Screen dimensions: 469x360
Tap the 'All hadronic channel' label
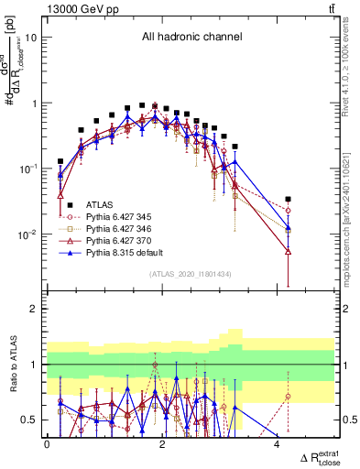pos(190,37)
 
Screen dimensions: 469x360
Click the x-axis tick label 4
pos(278,444)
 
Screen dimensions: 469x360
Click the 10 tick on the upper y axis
pos(31,38)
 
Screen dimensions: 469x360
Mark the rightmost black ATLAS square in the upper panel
pos(289,199)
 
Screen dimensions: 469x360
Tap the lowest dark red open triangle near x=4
pos(289,251)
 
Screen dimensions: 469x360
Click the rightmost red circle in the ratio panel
pos(289,397)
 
